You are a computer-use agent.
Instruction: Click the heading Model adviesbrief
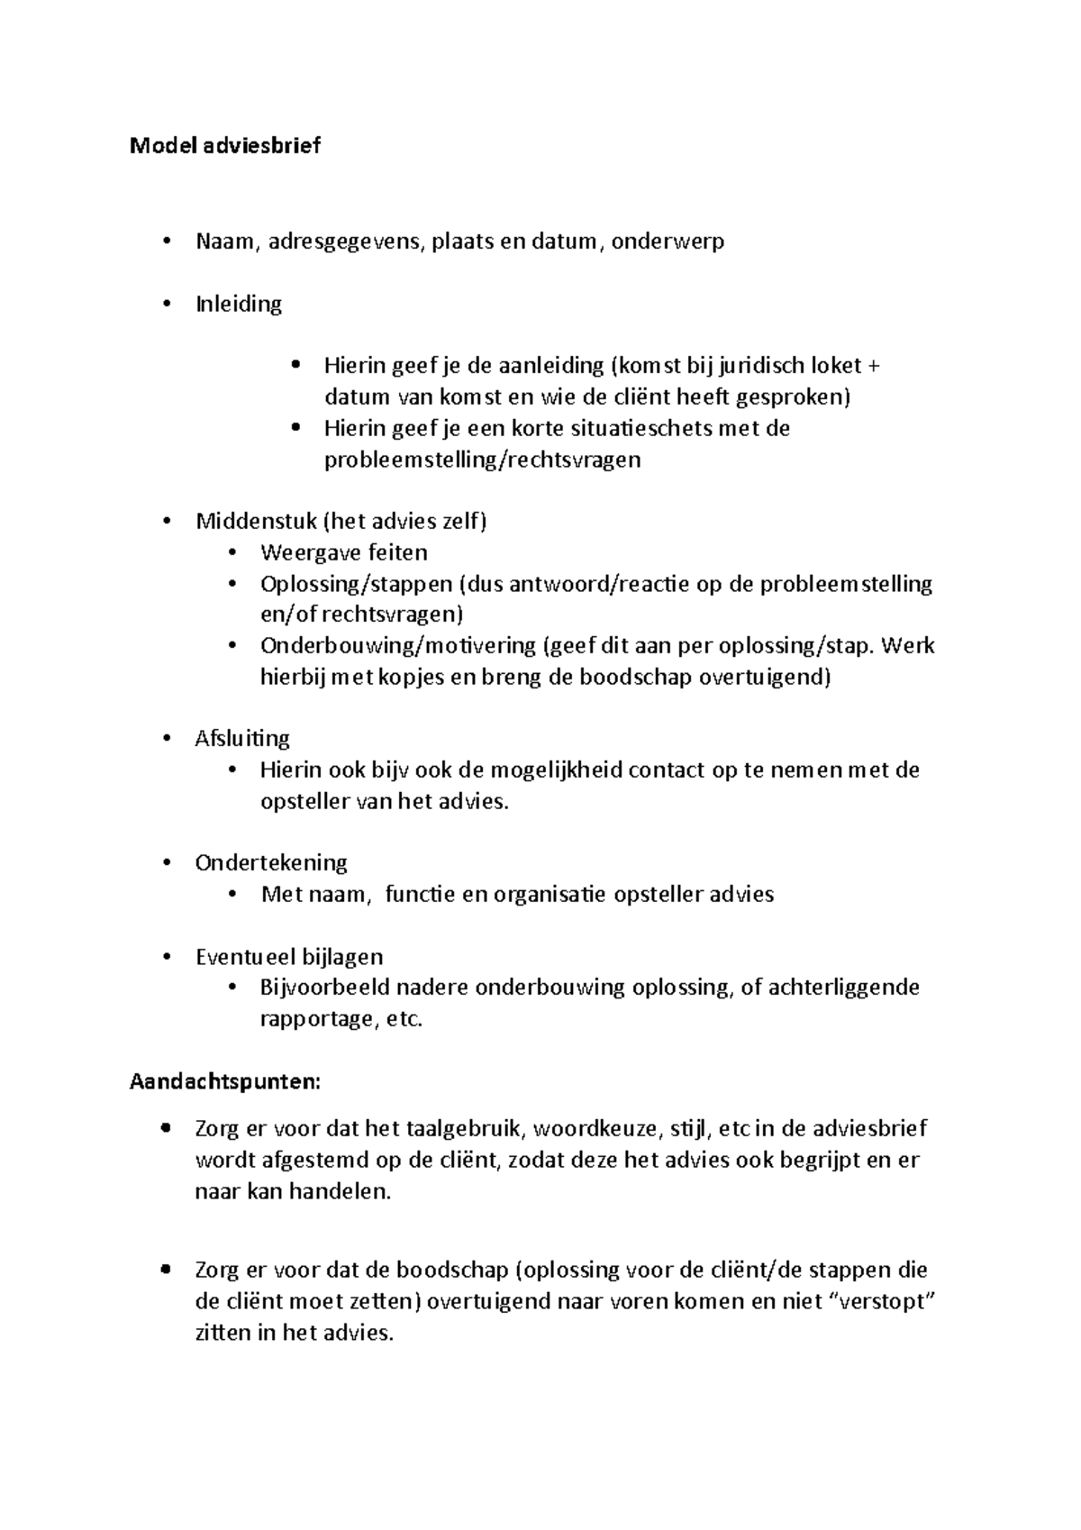225,146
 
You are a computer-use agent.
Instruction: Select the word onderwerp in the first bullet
668,241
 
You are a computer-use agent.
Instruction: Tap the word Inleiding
239,304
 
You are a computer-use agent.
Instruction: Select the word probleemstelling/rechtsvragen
482,460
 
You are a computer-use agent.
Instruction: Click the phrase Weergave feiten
344,552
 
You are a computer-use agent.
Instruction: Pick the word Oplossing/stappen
357,584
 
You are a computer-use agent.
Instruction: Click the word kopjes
403,678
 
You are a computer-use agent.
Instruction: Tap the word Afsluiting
242,739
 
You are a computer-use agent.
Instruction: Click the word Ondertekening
271,863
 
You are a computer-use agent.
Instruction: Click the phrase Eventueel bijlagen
289,957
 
